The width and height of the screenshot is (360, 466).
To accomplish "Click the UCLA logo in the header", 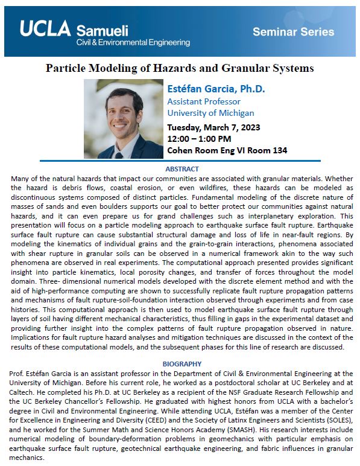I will click(x=45, y=28).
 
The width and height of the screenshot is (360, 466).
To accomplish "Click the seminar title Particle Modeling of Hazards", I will click(x=180, y=68).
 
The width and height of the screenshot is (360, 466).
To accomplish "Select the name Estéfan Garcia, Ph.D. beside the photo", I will click(x=216, y=89).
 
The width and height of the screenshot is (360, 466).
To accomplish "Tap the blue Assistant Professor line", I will click(x=204, y=101).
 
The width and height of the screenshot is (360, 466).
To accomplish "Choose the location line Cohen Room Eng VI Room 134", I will click(x=227, y=150).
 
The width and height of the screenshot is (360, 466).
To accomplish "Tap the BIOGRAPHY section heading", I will click(x=180, y=365).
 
